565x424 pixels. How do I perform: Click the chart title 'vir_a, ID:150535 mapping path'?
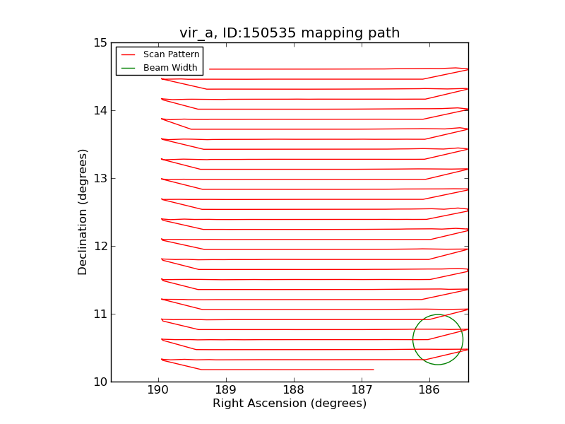tap(290, 33)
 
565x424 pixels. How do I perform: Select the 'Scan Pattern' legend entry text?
tap(171, 54)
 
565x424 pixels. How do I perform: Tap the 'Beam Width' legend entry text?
tap(170, 68)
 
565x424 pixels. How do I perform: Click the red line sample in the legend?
tap(129, 54)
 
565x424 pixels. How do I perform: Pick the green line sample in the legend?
tap(129, 68)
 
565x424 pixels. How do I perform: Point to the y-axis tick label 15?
tap(99, 42)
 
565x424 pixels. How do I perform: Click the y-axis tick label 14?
tap(99, 110)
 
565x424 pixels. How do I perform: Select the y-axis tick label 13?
tap(99, 178)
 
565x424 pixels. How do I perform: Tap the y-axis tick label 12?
tap(99, 246)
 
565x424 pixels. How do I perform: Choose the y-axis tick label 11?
tap(99, 314)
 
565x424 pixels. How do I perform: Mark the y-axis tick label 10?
tap(99, 382)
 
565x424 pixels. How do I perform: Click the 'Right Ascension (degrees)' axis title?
tap(290, 404)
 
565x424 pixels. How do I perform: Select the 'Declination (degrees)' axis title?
tap(83, 212)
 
